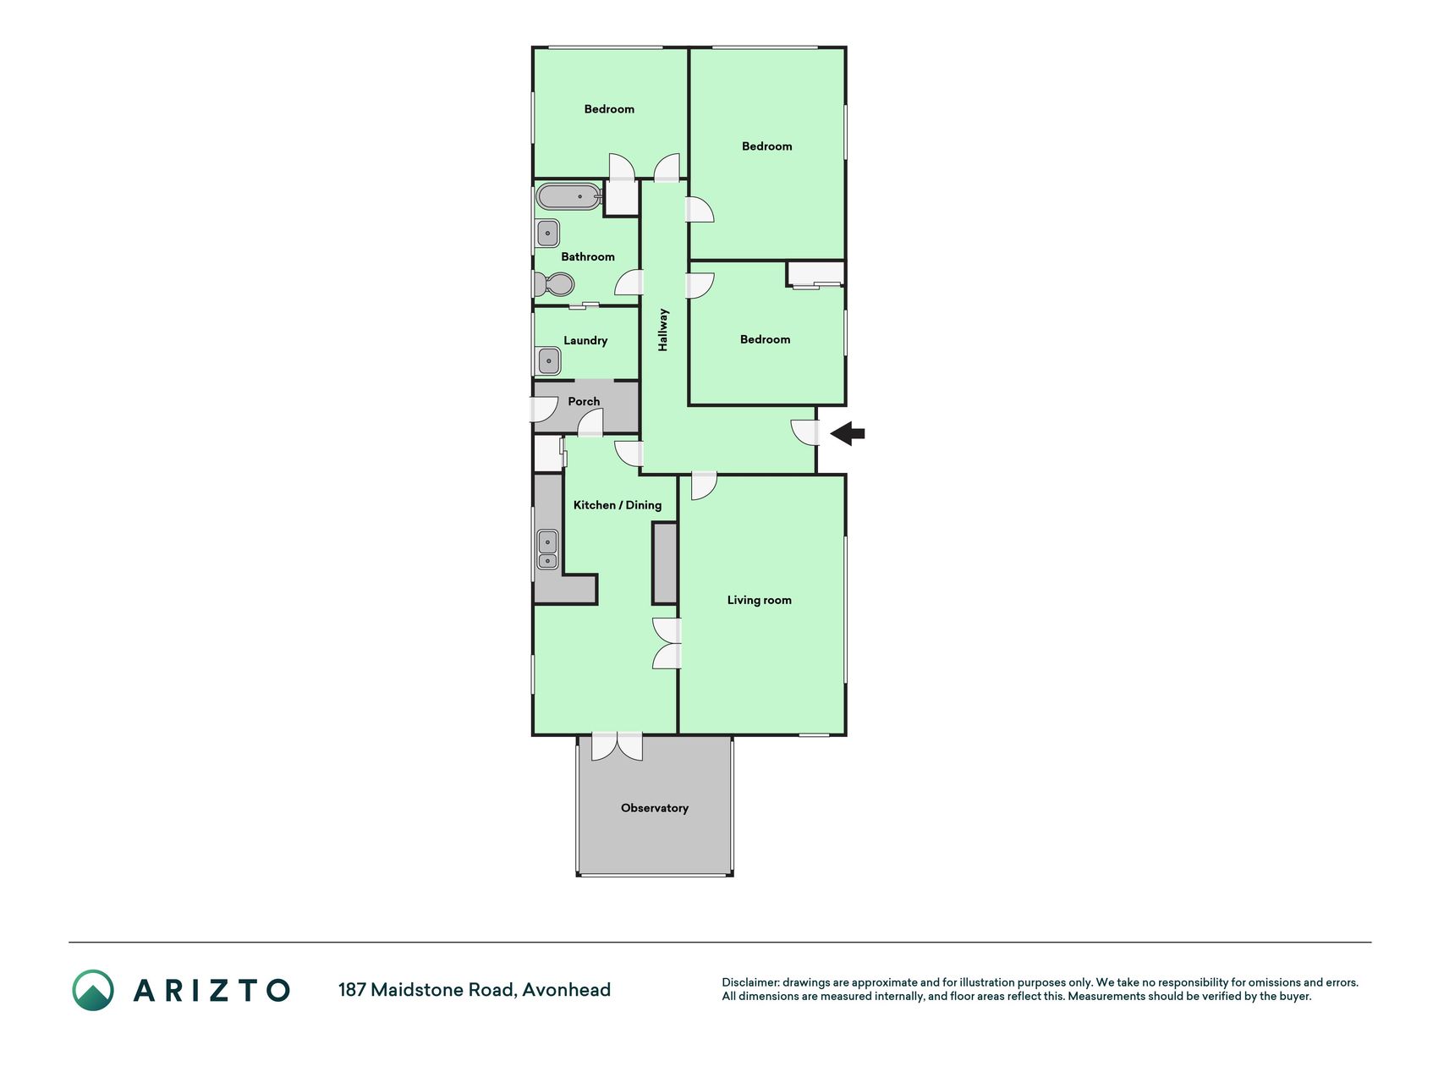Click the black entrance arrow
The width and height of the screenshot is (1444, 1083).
click(848, 434)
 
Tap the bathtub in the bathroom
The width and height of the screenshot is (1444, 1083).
click(569, 197)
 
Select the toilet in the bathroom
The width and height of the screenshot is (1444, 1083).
click(553, 283)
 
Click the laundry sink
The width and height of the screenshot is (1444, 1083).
click(548, 360)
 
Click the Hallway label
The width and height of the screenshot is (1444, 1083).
click(663, 329)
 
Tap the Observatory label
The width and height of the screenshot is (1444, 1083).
click(655, 808)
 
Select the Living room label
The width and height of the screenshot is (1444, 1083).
click(760, 600)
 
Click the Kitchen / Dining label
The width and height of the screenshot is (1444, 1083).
click(618, 505)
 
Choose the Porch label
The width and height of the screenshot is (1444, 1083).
click(584, 401)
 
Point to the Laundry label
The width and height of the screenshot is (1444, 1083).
click(585, 340)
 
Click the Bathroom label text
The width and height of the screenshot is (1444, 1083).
click(588, 256)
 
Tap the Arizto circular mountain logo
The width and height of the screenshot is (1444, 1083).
click(93, 990)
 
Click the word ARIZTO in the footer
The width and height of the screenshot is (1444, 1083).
click(211, 990)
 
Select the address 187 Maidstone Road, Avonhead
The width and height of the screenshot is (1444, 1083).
click(475, 990)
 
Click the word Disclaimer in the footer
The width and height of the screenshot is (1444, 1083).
click(750, 982)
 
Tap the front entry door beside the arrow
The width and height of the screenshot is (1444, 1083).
click(805, 433)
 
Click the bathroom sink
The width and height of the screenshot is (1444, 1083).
click(547, 233)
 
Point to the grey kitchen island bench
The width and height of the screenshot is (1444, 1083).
click(665, 563)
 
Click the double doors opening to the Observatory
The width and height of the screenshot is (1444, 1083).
click(617, 746)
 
